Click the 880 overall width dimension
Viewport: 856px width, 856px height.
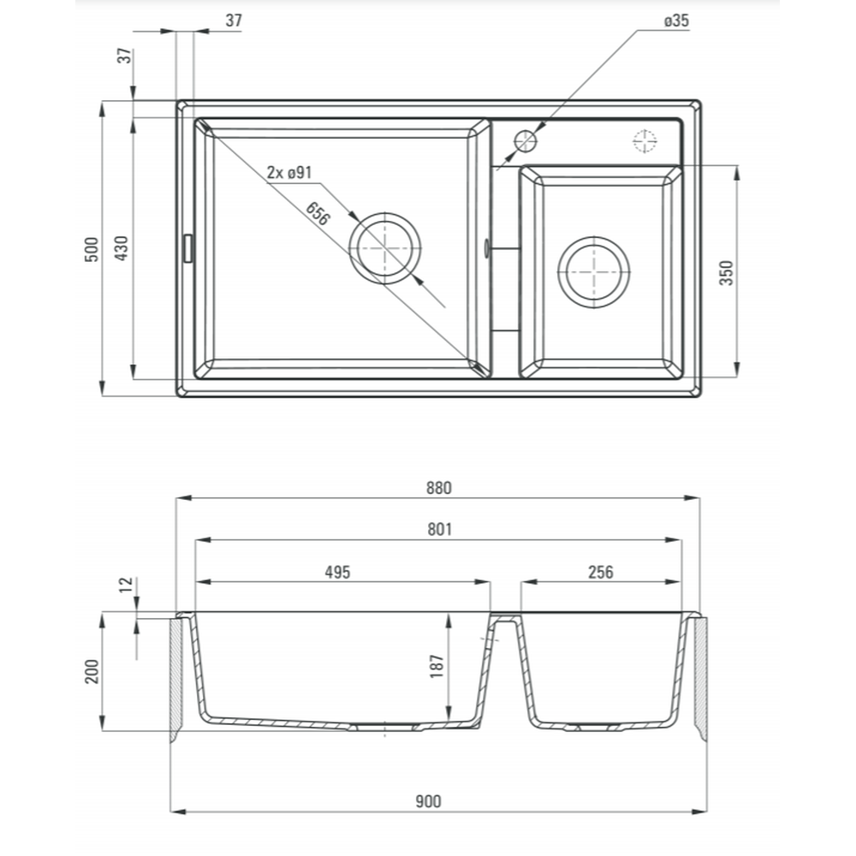[x=438, y=488]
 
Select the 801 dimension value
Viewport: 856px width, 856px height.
[x=438, y=530]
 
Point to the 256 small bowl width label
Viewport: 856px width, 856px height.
[x=601, y=573]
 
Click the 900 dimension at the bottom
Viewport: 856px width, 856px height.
[x=428, y=801]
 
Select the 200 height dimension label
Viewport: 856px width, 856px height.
[x=92, y=671]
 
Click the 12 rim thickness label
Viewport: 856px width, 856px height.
[x=127, y=585]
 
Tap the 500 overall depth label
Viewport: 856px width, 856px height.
[x=92, y=248]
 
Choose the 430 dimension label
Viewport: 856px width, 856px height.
[x=122, y=248]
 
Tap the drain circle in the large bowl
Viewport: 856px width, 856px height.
[x=387, y=247]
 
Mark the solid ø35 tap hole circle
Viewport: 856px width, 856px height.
[x=525, y=140]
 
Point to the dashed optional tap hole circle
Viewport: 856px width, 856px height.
[x=644, y=140]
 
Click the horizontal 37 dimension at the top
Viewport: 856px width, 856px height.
[x=233, y=21]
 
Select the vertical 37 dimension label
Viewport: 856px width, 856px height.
[x=125, y=56]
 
